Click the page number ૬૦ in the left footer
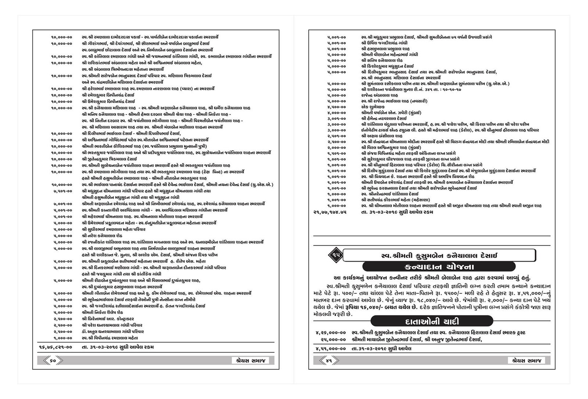pyautogui.click(x=53, y=360)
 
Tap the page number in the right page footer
pyautogui.click(x=329, y=360)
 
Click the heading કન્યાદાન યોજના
pyautogui.click(x=434, y=266)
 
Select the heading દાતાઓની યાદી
pyautogui.click(x=431, y=321)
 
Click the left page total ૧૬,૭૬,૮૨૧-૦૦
pyautogui.click(x=55, y=346)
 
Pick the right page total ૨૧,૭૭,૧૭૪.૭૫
pyautogui.click(x=330, y=212)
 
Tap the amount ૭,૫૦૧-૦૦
pyautogui.click(x=62, y=191)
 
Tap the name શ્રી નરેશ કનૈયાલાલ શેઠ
pyautogui.click(x=102, y=236)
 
